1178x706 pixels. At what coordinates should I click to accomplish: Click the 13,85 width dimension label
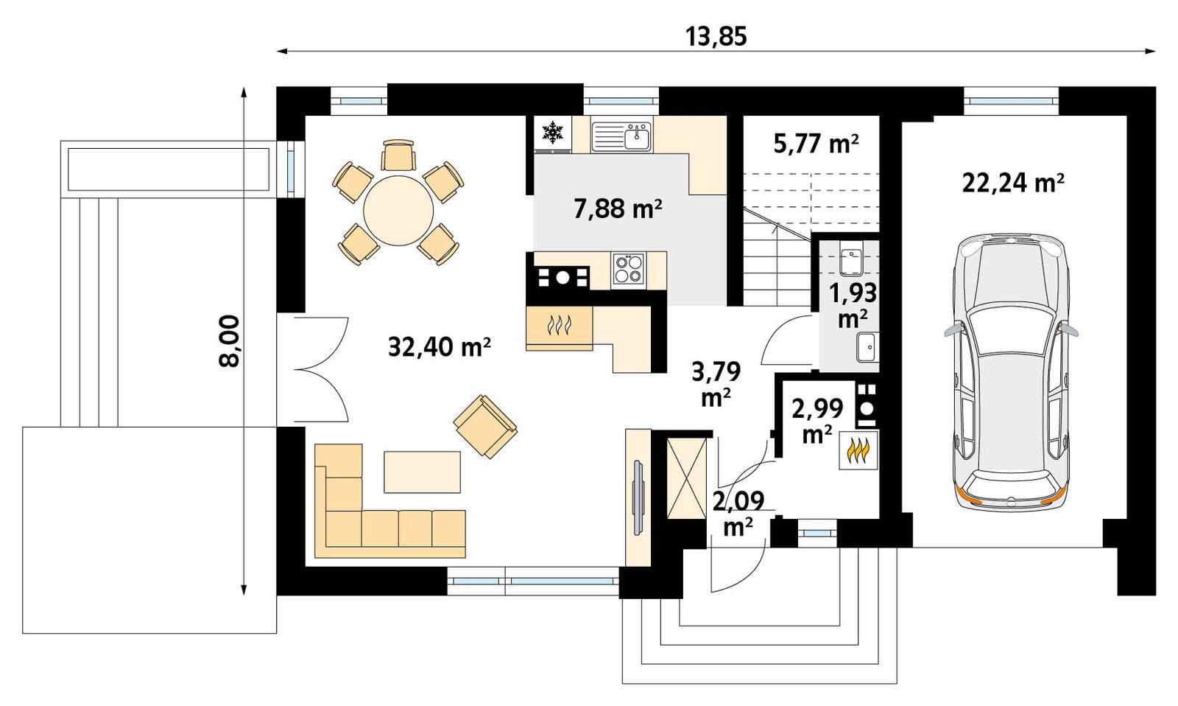point(716,35)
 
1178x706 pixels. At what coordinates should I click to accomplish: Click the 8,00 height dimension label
point(230,340)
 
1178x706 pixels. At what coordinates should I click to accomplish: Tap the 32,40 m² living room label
point(439,346)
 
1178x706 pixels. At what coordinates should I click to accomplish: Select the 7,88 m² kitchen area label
point(617,209)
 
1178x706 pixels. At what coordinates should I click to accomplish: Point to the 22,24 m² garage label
point(1012,181)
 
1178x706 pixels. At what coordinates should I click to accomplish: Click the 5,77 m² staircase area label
point(815,143)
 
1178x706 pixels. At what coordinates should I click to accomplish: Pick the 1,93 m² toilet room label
point(853,304)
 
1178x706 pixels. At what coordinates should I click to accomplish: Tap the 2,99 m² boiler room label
point(817,420)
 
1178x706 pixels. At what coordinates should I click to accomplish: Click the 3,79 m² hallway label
point(715,383)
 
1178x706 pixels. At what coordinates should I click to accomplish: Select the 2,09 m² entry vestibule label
point(736,514)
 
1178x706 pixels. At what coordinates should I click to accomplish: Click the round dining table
point(399,210)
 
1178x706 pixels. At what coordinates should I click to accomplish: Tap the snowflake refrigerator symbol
point(552,133)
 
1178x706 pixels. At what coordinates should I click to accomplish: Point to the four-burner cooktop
point(628,268)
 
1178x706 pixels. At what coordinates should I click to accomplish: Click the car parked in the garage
point(1011,372)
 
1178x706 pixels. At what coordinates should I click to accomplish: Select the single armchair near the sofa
point(485,425)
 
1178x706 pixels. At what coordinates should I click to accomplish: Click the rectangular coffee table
point(422,472)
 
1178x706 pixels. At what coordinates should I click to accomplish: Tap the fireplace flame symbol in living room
point(559,325)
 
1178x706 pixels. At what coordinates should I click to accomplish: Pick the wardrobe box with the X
point(685,477)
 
